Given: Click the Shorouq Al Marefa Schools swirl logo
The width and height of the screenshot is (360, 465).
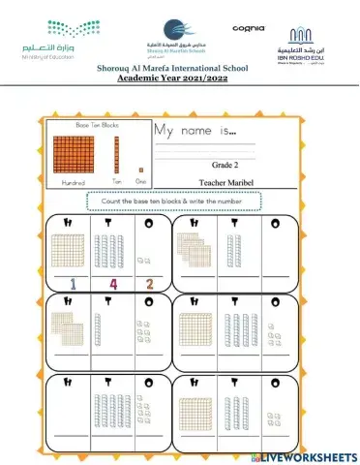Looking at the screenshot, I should [174, 29].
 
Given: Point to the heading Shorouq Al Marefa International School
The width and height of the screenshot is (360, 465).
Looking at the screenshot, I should [180, 69].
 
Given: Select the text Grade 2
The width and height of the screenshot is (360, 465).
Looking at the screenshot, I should [225, 165].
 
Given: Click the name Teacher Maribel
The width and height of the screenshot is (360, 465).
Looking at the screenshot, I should [225, 181].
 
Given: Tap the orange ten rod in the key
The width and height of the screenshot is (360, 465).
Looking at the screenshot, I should [117, 153].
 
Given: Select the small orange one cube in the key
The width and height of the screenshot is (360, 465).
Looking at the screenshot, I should [140, 170].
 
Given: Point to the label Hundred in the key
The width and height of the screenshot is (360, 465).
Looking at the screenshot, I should [73, 181].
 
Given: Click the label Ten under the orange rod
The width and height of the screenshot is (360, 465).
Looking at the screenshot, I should [117, 181].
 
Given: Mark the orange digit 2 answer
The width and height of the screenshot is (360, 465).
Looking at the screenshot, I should [149, 284].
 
